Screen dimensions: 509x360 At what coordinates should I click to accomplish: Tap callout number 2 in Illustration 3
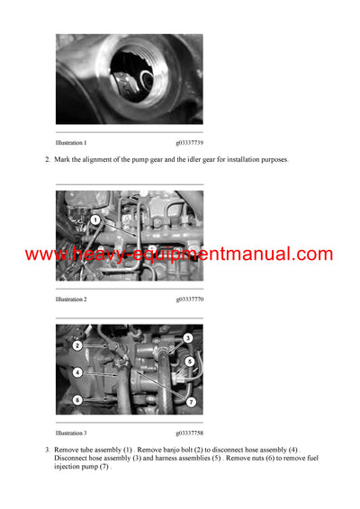[77, 345]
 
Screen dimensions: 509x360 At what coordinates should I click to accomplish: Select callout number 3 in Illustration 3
[187, 338]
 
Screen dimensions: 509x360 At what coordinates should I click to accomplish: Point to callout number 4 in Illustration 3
[78, 371]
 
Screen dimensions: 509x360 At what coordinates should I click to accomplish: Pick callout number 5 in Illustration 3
[189, 361]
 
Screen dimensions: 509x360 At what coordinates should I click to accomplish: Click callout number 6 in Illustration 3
[77, 399]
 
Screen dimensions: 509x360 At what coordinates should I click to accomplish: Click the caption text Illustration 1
[71, 143]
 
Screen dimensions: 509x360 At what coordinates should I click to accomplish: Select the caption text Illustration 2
[71, 299]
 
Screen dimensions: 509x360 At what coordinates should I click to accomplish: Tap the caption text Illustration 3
[71, 433]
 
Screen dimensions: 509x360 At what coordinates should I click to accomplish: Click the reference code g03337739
[189, 143]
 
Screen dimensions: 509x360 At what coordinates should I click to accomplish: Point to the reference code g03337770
[189, 299]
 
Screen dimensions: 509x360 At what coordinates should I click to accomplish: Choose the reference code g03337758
[189, 433]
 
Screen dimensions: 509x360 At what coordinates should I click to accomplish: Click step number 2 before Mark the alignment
[47, 159]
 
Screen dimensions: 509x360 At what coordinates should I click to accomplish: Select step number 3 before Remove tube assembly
[47, 449]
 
